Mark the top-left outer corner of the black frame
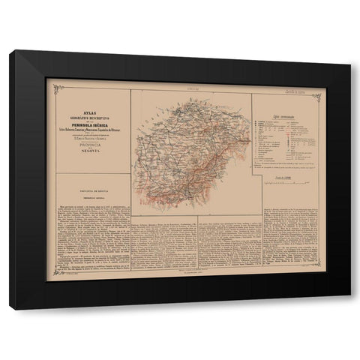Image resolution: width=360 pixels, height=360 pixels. pos(10,51)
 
